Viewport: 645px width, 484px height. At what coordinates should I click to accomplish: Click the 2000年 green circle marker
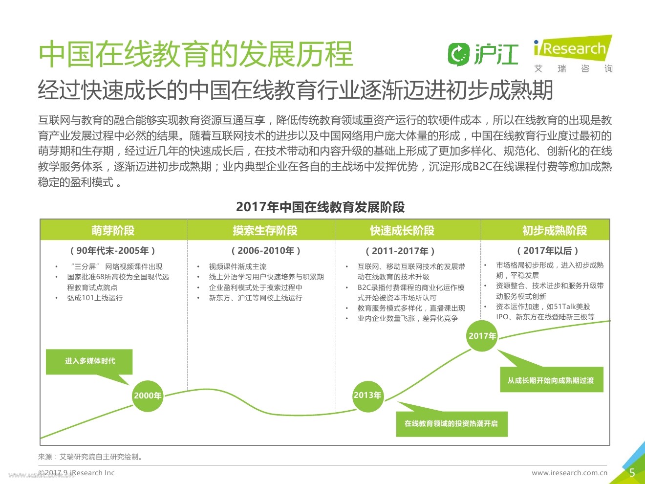148,396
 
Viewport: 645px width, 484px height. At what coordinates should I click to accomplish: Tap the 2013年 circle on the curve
367,395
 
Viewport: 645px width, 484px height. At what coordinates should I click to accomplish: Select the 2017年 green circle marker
482,336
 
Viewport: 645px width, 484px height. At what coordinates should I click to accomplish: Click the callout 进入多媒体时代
90,361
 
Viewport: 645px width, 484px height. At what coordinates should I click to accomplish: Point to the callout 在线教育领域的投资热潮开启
451,423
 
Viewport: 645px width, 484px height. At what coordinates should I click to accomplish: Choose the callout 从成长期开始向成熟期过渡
551,380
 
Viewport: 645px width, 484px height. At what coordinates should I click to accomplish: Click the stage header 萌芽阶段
113,230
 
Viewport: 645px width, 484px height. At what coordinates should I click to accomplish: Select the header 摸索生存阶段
265,230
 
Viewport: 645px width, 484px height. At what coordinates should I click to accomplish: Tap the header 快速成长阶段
402,230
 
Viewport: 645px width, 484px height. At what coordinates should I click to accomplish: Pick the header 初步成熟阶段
555,230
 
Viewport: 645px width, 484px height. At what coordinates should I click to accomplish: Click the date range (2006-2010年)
266,251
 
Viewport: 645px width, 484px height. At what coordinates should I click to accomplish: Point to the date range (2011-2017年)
400,251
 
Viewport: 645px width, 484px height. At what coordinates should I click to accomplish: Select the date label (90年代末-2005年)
113,251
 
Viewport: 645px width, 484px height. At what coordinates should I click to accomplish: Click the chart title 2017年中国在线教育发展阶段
320,207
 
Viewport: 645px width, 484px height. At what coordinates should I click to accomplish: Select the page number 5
632,473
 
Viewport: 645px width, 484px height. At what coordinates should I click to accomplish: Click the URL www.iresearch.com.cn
569,473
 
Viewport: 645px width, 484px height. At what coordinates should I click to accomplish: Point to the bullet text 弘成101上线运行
95,298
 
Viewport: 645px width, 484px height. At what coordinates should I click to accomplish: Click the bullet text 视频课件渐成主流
237,266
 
